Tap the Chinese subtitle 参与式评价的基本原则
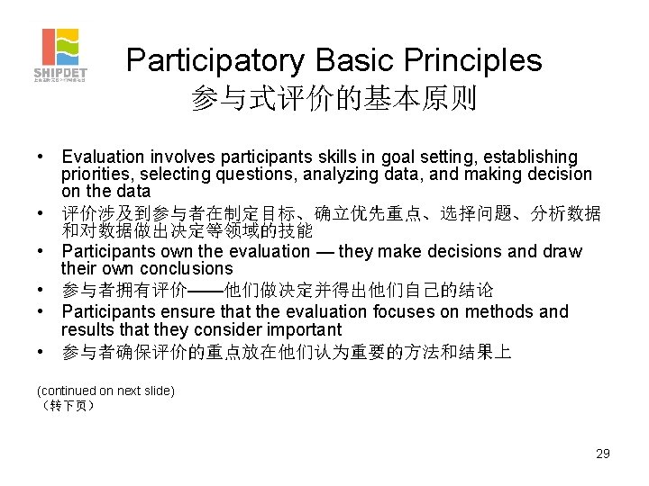coord(334,99)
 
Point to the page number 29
coord(602,454)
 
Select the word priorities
coord(96,175)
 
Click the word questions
coord(263,175)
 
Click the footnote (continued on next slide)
coord(105,391)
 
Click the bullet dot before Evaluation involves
coord(41,157)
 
